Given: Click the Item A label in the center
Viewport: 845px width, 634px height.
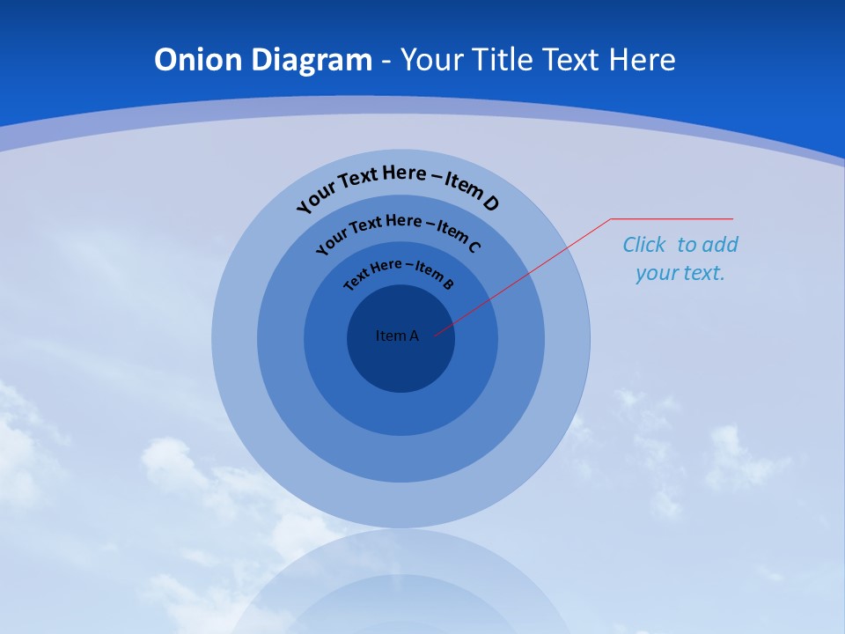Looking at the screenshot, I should coord(397,335).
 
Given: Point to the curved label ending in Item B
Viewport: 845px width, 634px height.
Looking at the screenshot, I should coord(399,271).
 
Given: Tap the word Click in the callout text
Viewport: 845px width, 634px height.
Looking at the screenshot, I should coord(644,245).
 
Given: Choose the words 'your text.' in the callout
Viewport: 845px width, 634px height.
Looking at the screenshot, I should coord(680,273).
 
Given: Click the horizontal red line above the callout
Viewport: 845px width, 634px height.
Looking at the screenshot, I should coord(672,218).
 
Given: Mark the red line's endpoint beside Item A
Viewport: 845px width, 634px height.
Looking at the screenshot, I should coord(436,335).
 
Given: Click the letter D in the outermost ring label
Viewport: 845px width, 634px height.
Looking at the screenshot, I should coord(489,203).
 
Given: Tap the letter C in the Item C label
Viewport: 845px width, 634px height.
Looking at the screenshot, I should coord(474,247).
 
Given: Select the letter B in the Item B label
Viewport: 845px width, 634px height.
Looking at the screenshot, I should coord(448,284).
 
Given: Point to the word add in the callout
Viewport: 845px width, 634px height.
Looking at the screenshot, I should coord(721,245).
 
